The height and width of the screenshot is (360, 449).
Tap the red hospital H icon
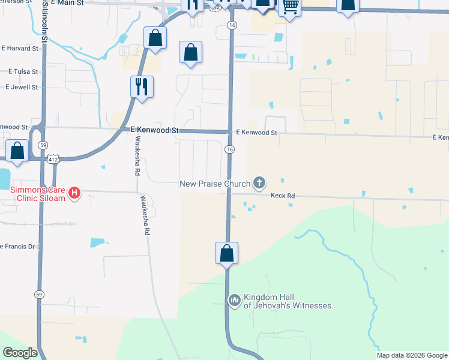(x=74, y=193)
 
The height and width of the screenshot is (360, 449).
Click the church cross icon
(x=259, y=182)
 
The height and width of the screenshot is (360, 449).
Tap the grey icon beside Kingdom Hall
(x=234, y=298)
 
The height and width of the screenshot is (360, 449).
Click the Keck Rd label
(x=283, y=196)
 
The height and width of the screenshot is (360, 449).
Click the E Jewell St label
(x=22, y=87)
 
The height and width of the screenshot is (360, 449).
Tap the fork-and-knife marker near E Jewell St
(x=142, y=86)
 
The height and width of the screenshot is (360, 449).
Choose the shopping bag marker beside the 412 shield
(x=17, y=151)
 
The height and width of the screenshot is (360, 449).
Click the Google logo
(x=20, y=353)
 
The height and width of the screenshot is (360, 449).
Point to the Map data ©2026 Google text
(x=411, y=355)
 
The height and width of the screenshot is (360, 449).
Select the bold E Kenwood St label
(x=151, y=130)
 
